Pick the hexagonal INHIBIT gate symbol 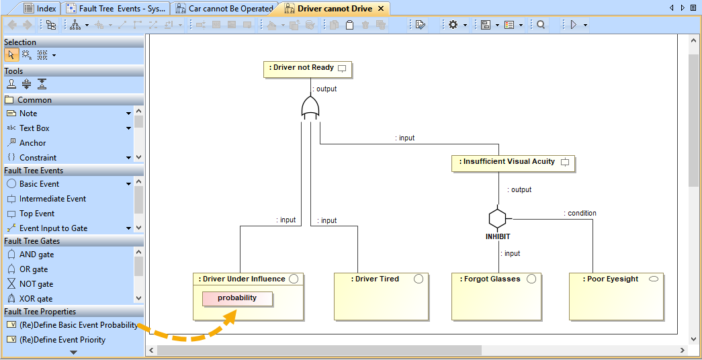(x=497, y=218)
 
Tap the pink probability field (x=237, y=298)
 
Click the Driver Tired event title (x=376, y=279)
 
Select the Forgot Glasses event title (x=492, y=279)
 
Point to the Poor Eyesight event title (x=611, y=279)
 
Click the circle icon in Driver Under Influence (x=294, y=279)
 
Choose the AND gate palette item (x=36, y=255)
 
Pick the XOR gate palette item (x=36, y=299)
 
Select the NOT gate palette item (x=36, y=284)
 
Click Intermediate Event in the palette (x=52, y=199)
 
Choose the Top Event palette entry (x=37, y=214)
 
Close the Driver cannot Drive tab (x=380, y=9)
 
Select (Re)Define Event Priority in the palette (x=62, y=340)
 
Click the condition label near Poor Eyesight (x=582, y=214)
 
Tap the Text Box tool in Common (x=34, y=128)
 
